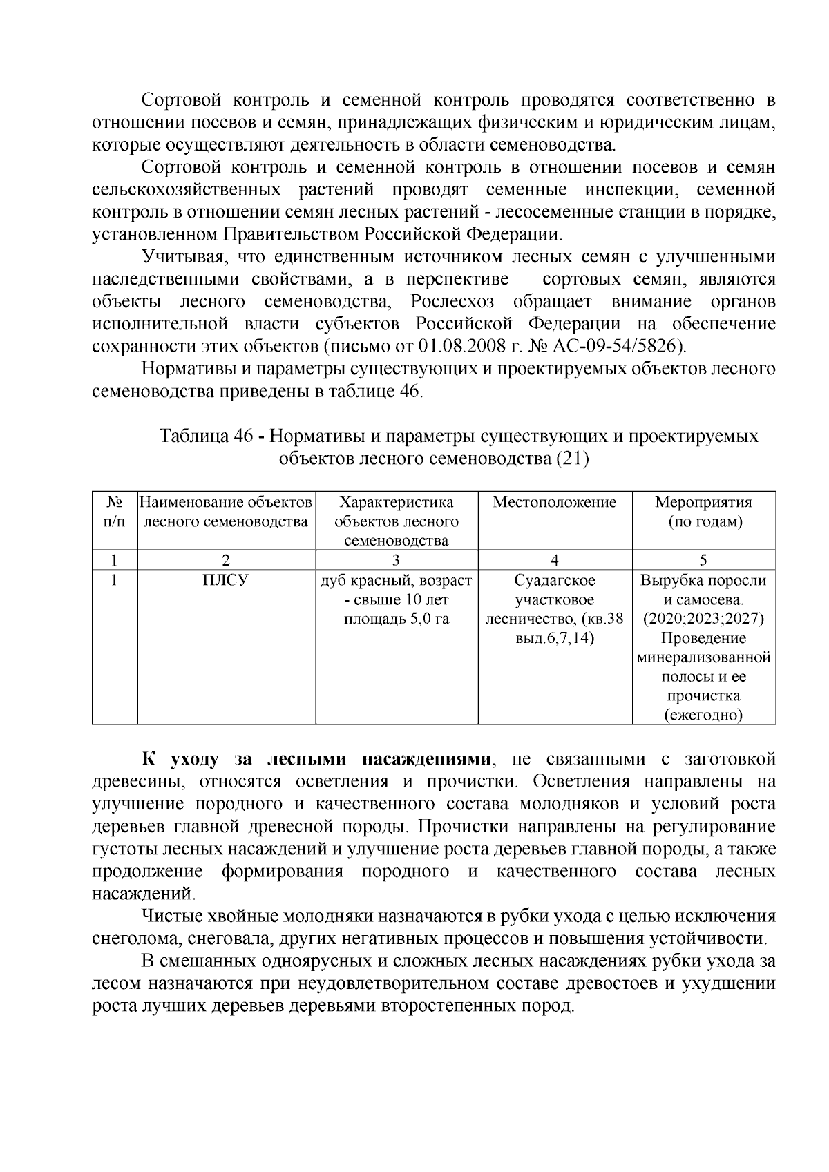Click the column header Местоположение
click(555, 502)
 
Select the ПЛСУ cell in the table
click(226, 580)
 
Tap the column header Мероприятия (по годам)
click(703, 512)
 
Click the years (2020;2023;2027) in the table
click(703, 619)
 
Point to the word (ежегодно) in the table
click(703, 715)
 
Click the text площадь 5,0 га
click(397, 619)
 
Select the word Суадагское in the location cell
click(555, 580)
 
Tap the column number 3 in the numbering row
click(397, 559)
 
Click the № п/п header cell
click(115, 512)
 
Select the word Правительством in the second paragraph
click(289, 234)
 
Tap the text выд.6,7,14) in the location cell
click(555, 638)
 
